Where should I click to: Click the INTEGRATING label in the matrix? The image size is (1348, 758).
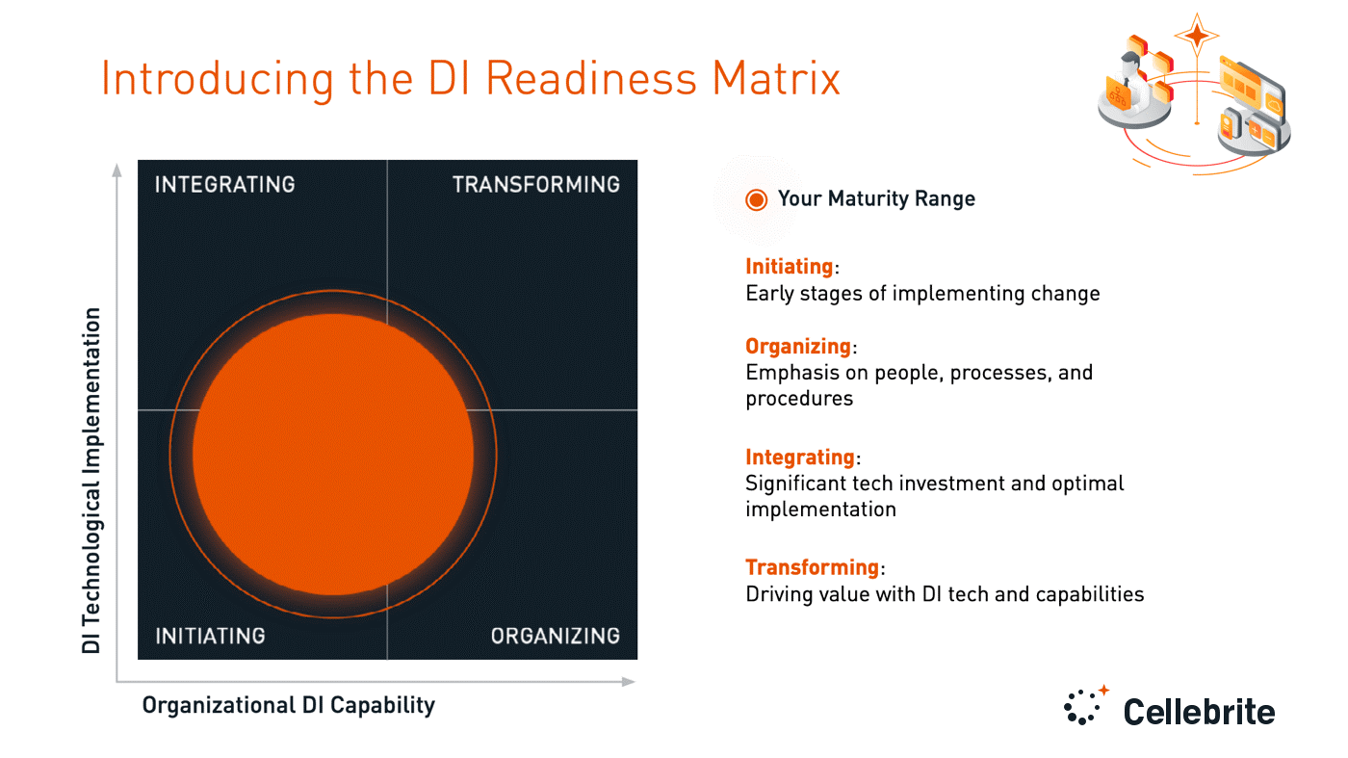[x=224, y=184]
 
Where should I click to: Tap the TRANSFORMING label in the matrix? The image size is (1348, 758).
[x=536, y=184]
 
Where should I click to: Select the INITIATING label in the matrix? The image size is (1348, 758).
[x=210, y=636]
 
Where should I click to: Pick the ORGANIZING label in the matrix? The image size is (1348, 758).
[x=556, y=636]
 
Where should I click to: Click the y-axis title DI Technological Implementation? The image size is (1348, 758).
[x=91, y=481]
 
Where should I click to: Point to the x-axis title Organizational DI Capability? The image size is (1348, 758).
[x=288, y=705]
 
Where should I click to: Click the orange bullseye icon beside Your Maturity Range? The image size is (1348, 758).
[x=757, y=199]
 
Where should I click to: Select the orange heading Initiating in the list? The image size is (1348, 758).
[x=789, y=267]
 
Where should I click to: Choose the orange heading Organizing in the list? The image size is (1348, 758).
[x=798, y=346]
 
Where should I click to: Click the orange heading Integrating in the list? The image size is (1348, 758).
[x=800, y=457]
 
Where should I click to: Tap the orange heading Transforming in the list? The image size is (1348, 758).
[x=812, y=567]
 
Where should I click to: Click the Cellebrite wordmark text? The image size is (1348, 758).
[x=1199, y=712]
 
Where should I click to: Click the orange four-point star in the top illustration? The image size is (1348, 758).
[x=1198, y=37]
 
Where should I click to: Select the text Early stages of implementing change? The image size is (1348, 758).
[x=922, y=293]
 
